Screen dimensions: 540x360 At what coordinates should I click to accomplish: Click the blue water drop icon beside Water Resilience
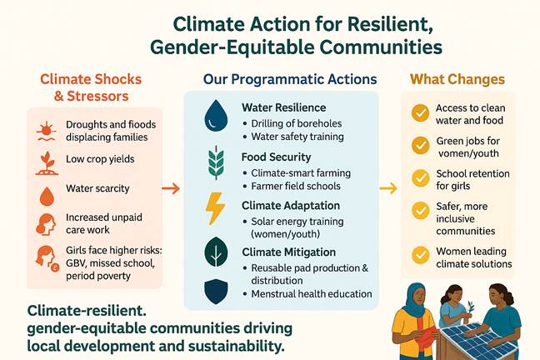[216, 116]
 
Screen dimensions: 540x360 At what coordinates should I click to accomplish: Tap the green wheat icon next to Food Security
[216, 162]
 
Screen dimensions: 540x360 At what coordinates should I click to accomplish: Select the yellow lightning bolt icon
[215, 209]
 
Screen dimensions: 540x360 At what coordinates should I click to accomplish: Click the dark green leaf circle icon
[216, 252]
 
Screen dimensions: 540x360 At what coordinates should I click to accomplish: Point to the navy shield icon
[216, 292]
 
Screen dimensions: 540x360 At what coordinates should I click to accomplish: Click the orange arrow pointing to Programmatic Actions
[171, 188]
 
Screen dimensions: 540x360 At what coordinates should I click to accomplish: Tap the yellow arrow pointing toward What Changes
[388, 188]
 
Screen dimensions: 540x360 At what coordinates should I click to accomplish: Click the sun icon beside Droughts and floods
[47, 132]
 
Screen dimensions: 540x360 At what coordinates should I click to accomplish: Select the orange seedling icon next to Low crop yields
[47, 163]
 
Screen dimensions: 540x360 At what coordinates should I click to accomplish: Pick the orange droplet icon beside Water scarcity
[47, 197]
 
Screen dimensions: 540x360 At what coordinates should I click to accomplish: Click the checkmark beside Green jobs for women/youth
[420, 145]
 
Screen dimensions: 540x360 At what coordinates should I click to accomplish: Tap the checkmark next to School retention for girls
[420, 177]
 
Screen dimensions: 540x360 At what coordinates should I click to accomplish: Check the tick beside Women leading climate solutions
[420, 255]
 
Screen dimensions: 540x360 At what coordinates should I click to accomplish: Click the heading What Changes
[457, 79]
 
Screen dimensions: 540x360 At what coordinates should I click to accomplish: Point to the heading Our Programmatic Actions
[290, 79]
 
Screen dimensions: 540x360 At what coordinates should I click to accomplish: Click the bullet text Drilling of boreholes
[297, 123]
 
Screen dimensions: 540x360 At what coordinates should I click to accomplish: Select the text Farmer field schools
[296, 186]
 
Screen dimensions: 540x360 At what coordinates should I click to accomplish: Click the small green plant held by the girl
[469, 307]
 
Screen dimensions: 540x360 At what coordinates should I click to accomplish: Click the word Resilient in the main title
[390, 24]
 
